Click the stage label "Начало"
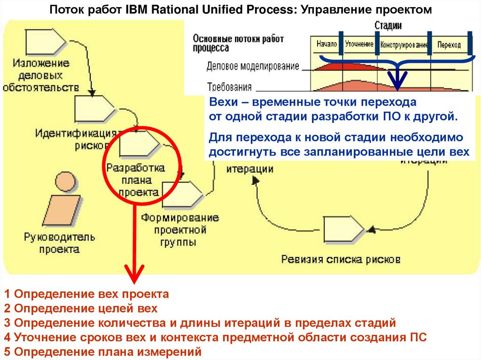[x=327, y=45]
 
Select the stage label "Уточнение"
[x=359, y=45]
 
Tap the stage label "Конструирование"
[x=404, y=46]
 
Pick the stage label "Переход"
[x=449, y=46]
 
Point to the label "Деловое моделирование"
[x=253, y=66]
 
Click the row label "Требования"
[x=229, y=87]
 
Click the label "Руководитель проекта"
[x=60, y=243]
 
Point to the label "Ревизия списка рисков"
[x=341, y=259]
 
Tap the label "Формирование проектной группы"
[x=174, y=230]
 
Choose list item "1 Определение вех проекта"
[x=86, y=295]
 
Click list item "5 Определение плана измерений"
[x=102, y=352]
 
